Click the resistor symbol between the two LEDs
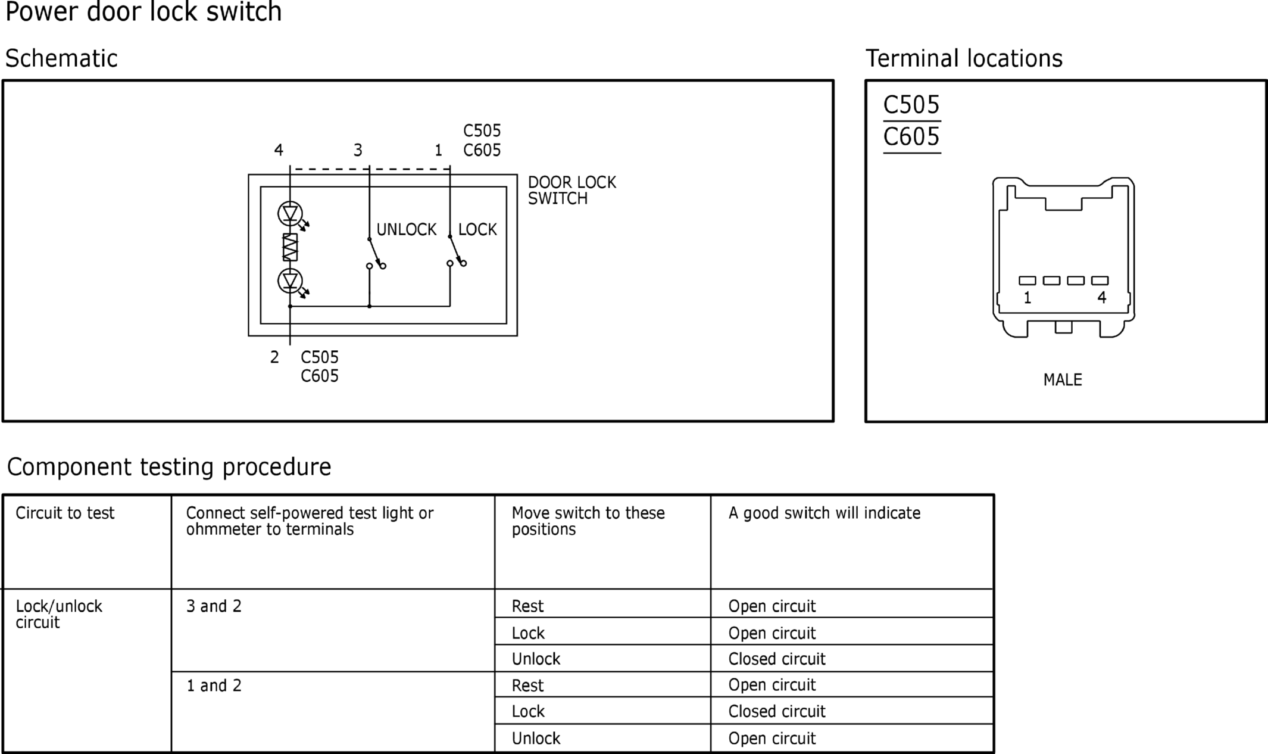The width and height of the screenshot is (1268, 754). pyautogui.click(x=290, y=247)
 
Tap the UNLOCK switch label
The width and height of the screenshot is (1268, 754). pyautogui.click(x=407, y=229)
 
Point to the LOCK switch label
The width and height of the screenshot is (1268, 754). pyautogui.click(x=477, y=229)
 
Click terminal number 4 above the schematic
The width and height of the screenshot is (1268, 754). pyautogui.click(x=279, y=150)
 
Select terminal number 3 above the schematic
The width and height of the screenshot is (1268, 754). pyautogui.click(x=358, y=150)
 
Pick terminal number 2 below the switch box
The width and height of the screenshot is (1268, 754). pyautogui.click(x=274, y=357)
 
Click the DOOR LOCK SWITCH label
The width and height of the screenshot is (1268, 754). pyautogui.click(x=572, y=191)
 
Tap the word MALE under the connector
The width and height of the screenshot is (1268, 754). pyautogui.click(x=1063, y=380)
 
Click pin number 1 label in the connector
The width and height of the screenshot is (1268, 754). pyautogui.click(x=1027, y=298)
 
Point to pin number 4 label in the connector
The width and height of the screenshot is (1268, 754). pyautogui.click(x=1102, y=298)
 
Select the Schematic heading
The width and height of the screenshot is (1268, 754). pyautogui.click(x=61, y=58)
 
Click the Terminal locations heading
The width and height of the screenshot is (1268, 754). pyautogui.click(x=964, y=58)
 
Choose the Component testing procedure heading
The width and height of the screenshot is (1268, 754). pyautogui.click(x=169, y=467)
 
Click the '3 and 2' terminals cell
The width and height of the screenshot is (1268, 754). pyautogui.click(x=214, y=606)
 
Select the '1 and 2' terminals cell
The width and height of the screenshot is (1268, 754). pyautogui.click(x=214, y=686)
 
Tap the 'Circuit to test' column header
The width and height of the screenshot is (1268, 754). pyautogui.click(x=65, y=513)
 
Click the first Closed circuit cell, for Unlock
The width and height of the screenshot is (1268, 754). pyautogui.click(x=777, y=659)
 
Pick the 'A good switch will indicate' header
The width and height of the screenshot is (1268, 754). pyautogui.click(x=824, y=513)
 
